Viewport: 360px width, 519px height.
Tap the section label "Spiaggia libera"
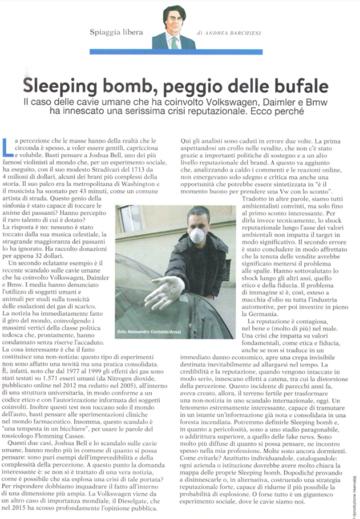pyautogui.click(x=117, y=33)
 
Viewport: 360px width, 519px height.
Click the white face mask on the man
pyautogui.click(x=197, y=236)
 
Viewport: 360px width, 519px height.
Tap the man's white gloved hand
pyautogui.click(x=164, y=291)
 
